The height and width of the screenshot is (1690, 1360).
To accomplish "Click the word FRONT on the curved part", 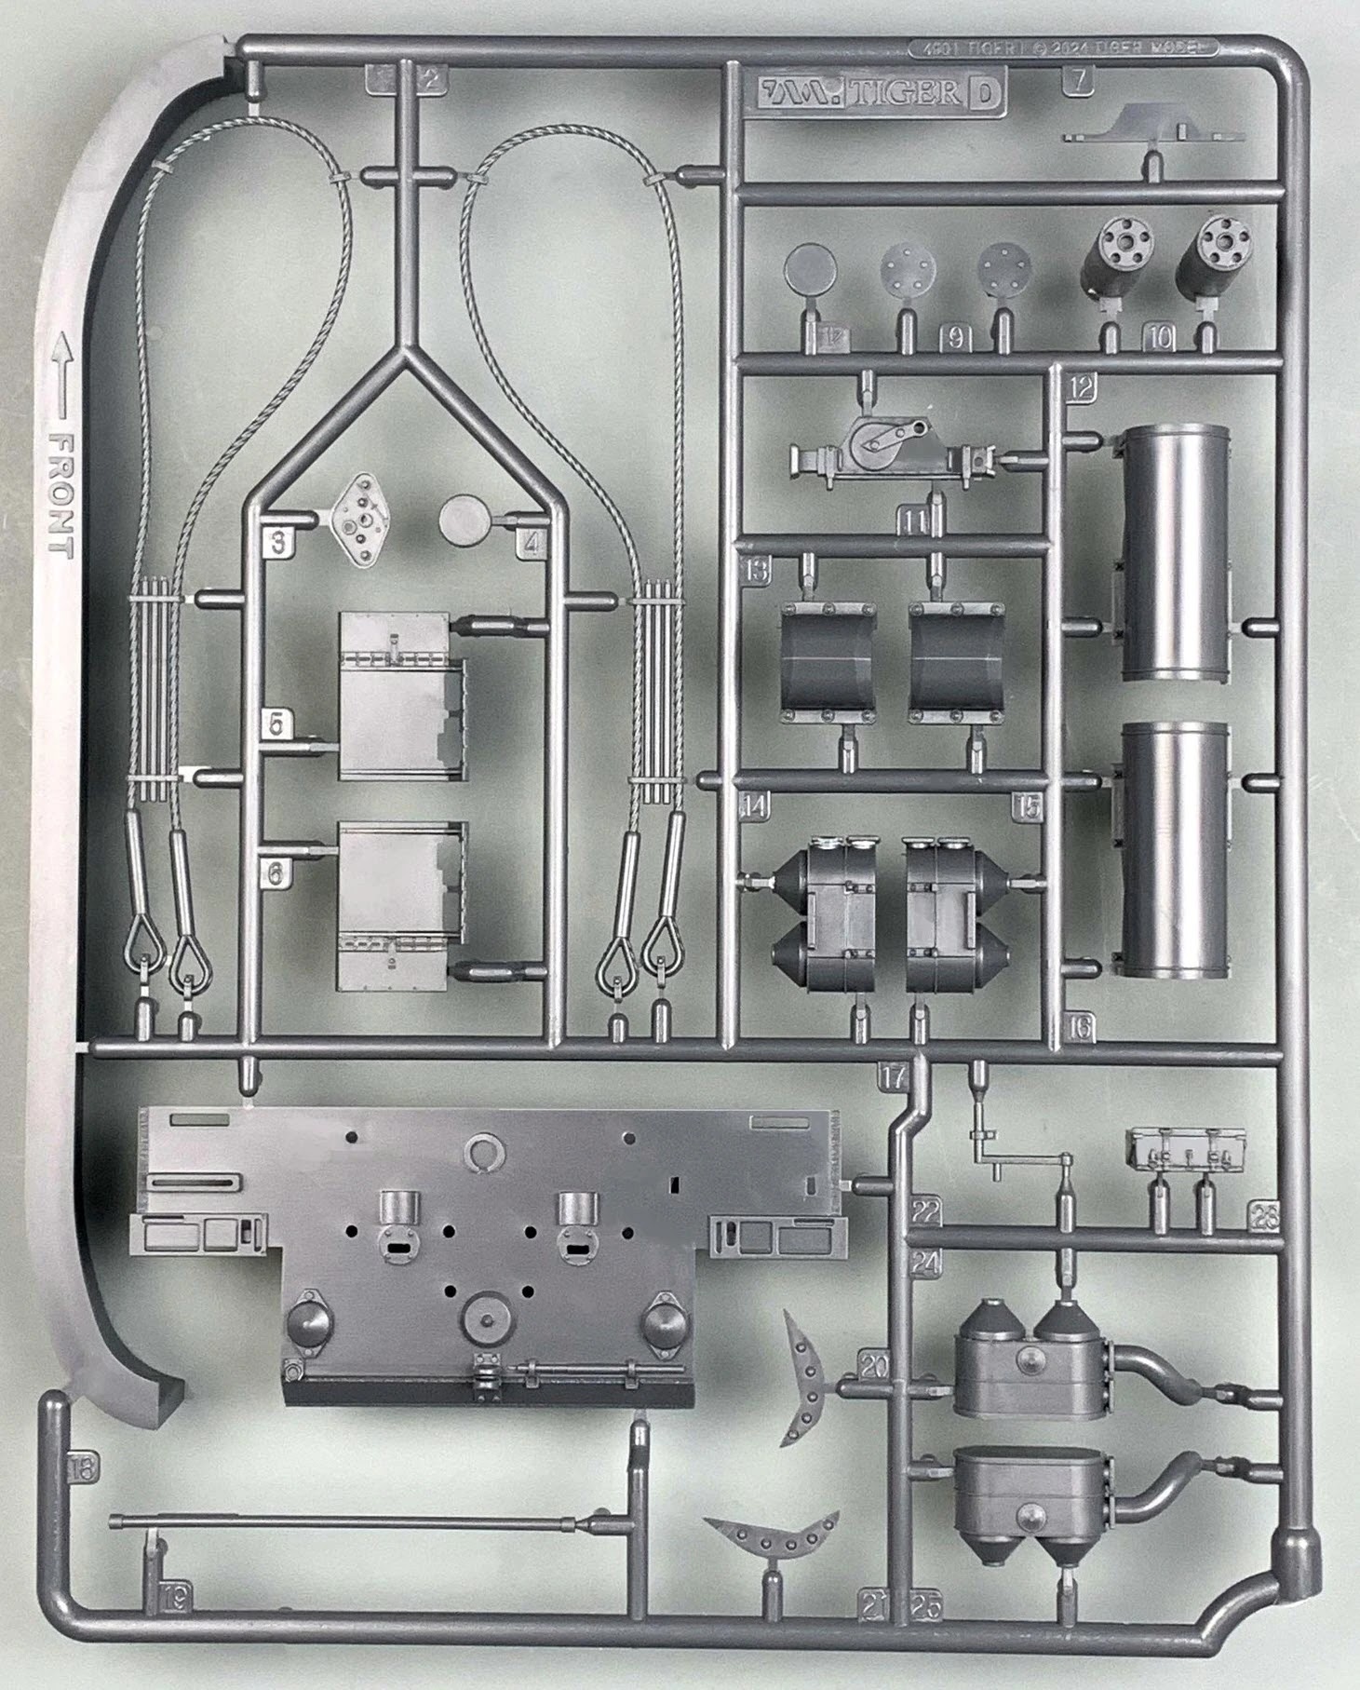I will [x=61, y=494].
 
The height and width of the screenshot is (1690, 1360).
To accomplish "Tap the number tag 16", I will [x=1081, y=1027].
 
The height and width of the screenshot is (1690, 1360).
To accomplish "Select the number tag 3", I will [x=277, y=542].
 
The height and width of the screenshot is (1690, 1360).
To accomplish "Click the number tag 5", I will [x=276, y=723].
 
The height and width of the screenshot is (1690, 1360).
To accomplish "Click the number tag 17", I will [x=893, y=1078].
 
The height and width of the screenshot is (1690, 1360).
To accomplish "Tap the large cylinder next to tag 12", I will [x=1176, y=551].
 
